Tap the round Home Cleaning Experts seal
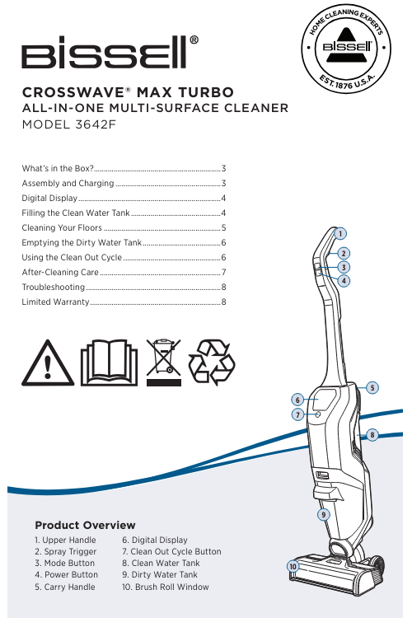(x=345, y=49)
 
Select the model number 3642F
(x=96, y=124)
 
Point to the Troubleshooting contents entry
(x=54, y=287)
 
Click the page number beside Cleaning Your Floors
(x=224, y=228)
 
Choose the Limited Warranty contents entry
(x=55, y=302)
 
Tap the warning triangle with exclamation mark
(x=48, y=363)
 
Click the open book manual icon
(x=109, y=363)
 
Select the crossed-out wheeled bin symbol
(x=164, y=363)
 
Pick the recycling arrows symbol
(x=212, y=363)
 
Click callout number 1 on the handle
(x=340, y=233)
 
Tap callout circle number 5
(x=372, y=387)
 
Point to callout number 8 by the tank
(x=372, y=435)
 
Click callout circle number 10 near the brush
(x=293, y=566)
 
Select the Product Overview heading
(x=85, y=525)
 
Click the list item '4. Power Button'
(x=67, y=574)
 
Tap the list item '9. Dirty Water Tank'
(x=160, y=574)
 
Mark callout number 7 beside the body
(x=297, y=414)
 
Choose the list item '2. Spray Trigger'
(x=66, y=552)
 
